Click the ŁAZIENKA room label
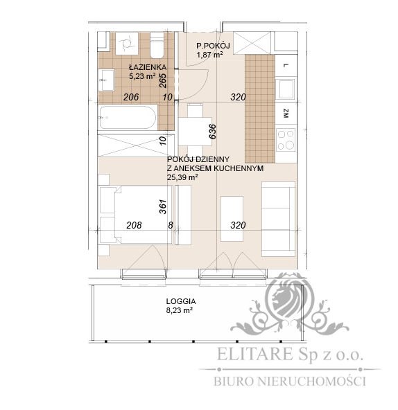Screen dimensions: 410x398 (x=146, y=66)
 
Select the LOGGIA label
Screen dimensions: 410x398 (x=180, y=301)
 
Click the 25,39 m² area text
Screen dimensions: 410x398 (x=182, y=177)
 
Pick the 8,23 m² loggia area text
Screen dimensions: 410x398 (x=180, y=311)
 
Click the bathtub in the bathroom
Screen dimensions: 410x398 (x=128, y=118)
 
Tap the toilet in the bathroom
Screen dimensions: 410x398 (x=156, y=44)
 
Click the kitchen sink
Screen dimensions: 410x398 (x=286, y=89)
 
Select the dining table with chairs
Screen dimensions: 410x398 (x=195, y=128)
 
